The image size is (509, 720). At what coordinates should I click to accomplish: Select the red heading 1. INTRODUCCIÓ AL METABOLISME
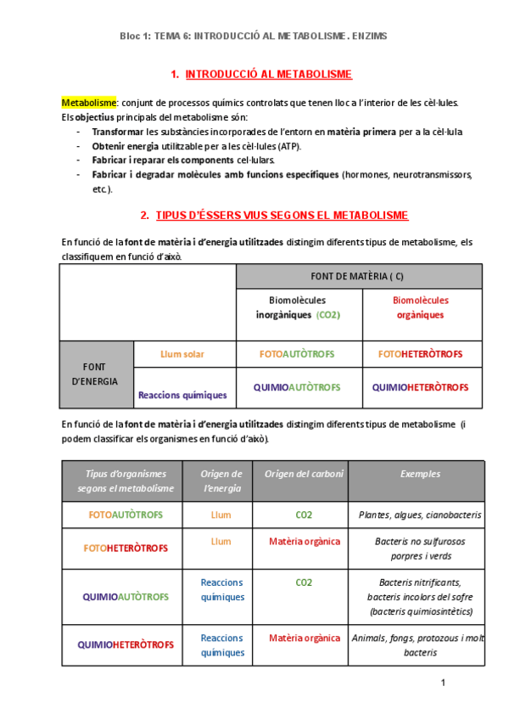pyautogui.click(x=261, y=75)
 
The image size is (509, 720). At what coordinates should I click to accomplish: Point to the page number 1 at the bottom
pyautogui.click(x=443, y=683)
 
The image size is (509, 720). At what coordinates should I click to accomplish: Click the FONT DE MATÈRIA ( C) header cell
pyautogui.click(x=359, y=276)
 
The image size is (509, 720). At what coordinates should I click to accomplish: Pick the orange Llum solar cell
pyautogui.click(x=182, y=354)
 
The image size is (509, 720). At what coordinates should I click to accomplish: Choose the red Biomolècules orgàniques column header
pyautogui.click(x=421, y=307)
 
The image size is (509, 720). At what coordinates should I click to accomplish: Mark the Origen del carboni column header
pyautogui.click(x=304, y=474)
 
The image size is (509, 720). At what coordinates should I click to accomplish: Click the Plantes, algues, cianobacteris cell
pyautogui.click(x=420, y=515)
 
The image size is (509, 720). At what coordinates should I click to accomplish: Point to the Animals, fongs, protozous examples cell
pyautogui.click(x=420, y=645)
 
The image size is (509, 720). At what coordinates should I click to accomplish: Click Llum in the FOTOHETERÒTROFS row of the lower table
pyautogui.click(x=221, y=541)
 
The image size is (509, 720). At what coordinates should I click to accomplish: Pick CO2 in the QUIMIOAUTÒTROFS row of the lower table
pyautogui.click(x=304, y=582)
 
